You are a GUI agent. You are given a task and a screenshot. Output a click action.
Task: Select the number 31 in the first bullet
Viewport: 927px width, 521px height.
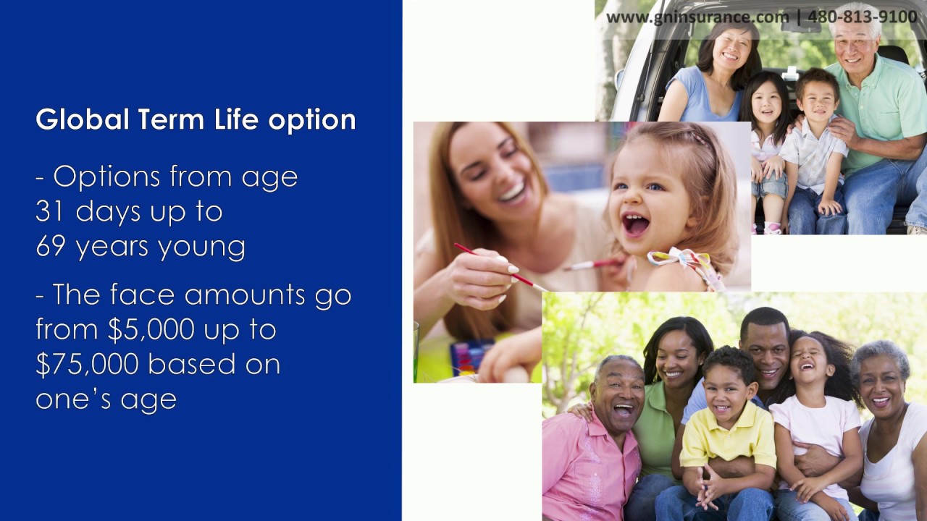[51, 211]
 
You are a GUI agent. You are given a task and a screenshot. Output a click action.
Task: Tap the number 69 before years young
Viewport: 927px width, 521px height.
[51, 247]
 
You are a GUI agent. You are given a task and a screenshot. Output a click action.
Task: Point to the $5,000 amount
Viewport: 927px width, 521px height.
[151, 329]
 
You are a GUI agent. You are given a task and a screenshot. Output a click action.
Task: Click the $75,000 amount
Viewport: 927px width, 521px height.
[88, 364]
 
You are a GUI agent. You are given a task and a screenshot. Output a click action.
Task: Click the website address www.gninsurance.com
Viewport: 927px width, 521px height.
[697, 17]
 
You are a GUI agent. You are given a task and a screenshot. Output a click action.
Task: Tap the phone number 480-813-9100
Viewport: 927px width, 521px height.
[863, 17]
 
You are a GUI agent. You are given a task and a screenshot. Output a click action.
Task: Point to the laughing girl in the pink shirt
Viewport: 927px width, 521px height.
[815, 420]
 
